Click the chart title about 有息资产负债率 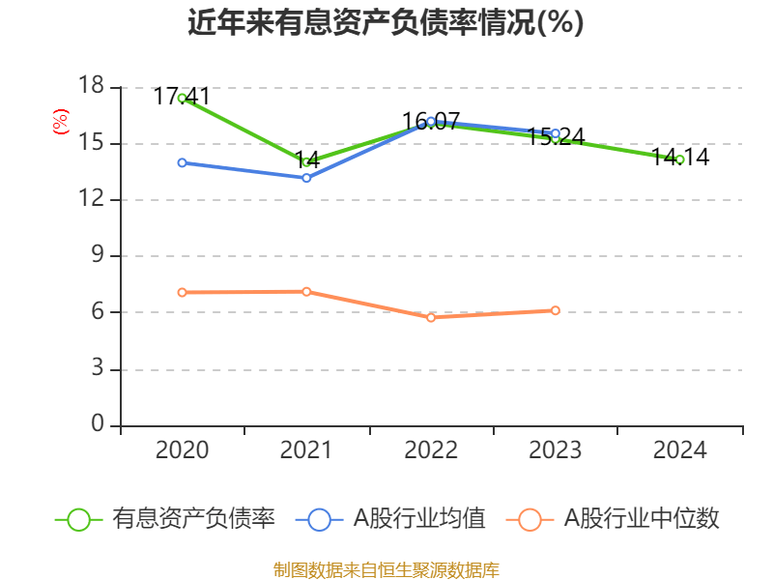(386, 22)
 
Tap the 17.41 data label (182, 96)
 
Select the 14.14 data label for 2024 (680, 157)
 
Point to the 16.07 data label (431, 122)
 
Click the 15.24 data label (556, 136)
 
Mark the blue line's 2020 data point (182, 162)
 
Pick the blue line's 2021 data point (306, 178)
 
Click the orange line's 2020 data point (182, 292)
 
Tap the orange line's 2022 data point (431, 317)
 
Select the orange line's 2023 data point (556, 310)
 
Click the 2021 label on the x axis (306, 449)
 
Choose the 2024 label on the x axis (680, 449)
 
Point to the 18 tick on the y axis (91, 87)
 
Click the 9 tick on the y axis (98, 256)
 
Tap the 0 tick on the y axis (98, 425)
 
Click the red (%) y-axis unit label (60, 122)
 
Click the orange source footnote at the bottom (386, 569)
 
